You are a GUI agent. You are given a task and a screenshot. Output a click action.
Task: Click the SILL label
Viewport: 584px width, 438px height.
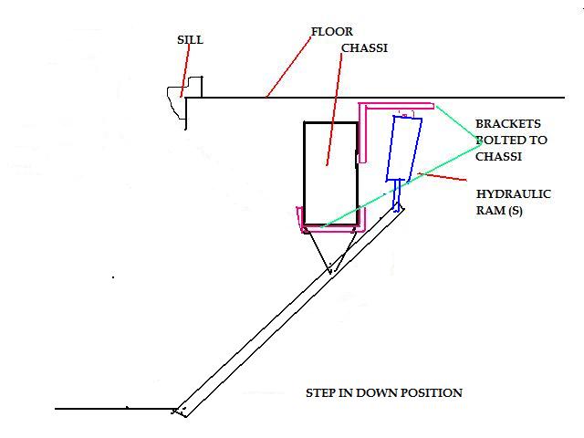click(x=191, y=40)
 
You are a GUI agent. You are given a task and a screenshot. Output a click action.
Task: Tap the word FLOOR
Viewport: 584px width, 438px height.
click(x=332, y=32)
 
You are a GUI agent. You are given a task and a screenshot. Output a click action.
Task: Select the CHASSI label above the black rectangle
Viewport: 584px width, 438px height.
click(x=364, y=48)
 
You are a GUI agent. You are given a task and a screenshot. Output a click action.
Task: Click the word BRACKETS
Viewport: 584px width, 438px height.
click(x=508, y=124)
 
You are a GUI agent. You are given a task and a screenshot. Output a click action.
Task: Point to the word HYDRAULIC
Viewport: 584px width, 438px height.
click(x=514, y=194)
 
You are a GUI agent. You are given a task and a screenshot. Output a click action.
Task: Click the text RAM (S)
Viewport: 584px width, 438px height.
click(x=499, y=211)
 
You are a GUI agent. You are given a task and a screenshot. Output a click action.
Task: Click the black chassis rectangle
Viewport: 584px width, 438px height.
click(x=304, y=173)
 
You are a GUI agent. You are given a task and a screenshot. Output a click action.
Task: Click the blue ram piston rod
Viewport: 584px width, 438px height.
click(x=398, y=195)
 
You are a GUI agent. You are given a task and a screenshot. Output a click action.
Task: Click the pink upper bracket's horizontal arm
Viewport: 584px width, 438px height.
click(x=397, y=106)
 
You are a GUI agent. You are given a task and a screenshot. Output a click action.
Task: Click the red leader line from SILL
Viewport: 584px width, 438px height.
click(x=185, y=71)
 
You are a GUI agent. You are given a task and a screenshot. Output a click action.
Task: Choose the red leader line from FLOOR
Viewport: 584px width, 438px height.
click(x=288, y=67)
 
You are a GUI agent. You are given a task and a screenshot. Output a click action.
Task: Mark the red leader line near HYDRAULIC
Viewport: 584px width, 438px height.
click(x=442, y=177)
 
